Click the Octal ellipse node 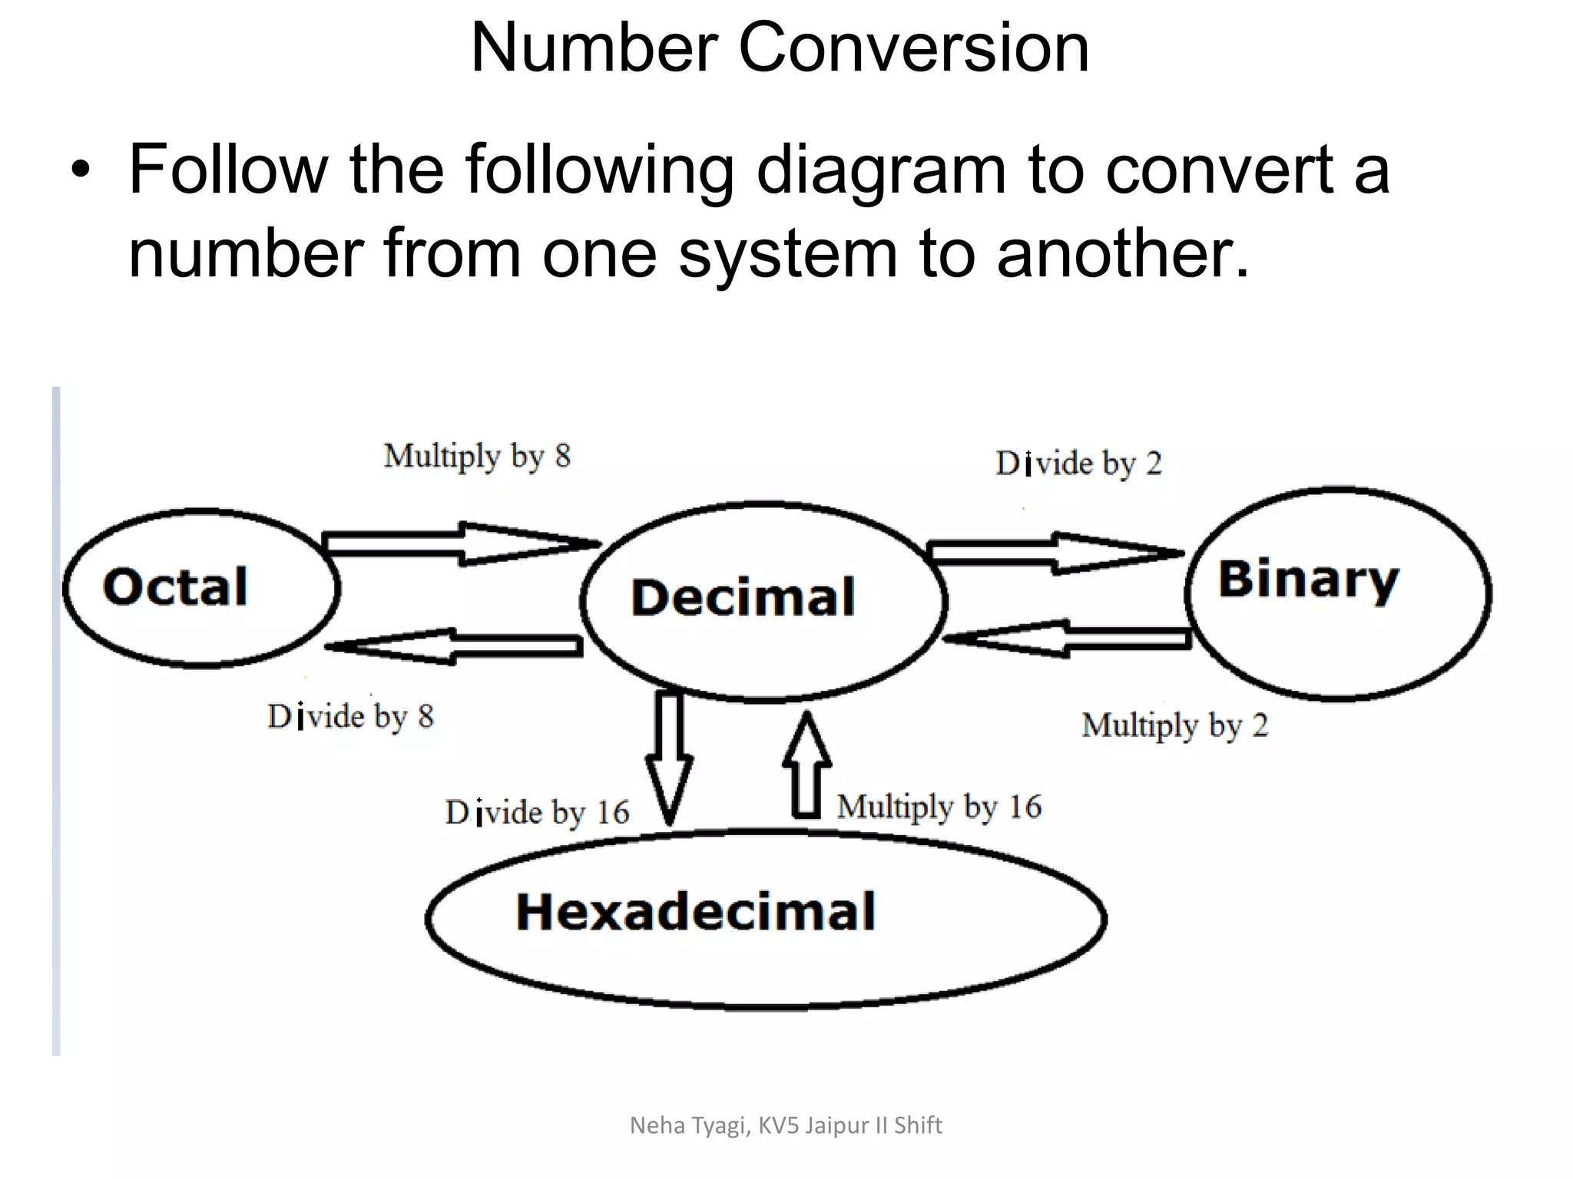pyautogui.click(x=201, y=588)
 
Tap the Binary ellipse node pyautogui.click(x=1338, y=593)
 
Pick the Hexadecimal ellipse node pyautogui.click(x=766, y=918)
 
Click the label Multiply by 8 pyautogui.click(x=477, y=456)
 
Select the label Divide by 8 pyautogui.click(x=351, y=717)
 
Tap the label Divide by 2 pyautogui.click(x=1078, y=464)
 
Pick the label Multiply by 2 pyautogui.click(x=1174, y=725)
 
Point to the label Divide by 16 pyautogui.click(x=537, y=813)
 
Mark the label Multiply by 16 pyautogui.click(x=939, y=807)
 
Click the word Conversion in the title pyautogui.click(x=913, y=48)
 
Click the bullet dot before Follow pyautogui.click(x=80, y=170)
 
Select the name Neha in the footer pyautogui.click(x=657, y=1125)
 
